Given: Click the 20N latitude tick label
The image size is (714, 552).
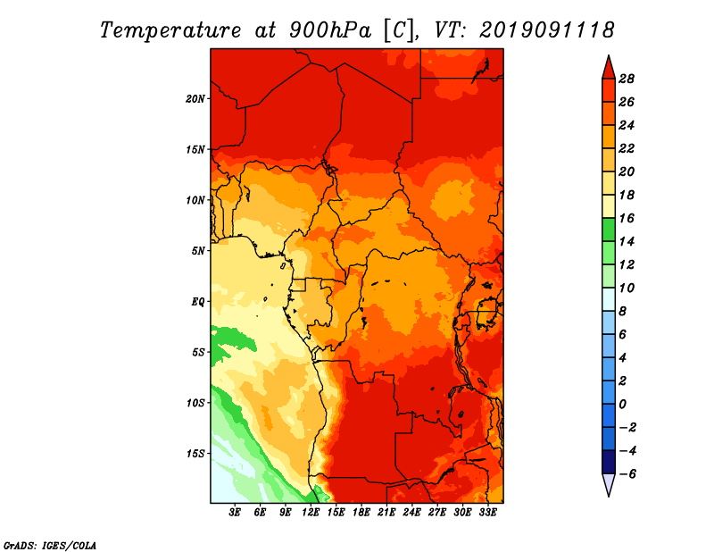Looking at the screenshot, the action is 195,99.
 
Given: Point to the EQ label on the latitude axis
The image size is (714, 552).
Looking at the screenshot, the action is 198,302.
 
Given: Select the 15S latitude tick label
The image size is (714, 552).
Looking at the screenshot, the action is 195,454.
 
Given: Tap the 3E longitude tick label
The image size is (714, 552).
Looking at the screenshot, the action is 235,513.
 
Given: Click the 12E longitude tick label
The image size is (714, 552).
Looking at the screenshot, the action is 311,513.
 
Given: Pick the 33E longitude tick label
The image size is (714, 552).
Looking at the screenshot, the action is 487,513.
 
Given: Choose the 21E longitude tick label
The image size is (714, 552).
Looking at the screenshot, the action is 386,513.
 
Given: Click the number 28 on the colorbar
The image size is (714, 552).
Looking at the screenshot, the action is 627,79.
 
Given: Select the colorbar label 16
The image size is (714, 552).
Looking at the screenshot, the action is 627,219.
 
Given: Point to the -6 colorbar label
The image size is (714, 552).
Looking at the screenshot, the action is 627,474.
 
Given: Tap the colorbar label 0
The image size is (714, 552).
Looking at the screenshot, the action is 622,405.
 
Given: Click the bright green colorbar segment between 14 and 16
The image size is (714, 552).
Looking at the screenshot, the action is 609,230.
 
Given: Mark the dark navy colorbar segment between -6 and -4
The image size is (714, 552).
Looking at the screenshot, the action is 609,462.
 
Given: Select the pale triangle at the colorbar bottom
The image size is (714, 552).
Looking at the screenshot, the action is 609,483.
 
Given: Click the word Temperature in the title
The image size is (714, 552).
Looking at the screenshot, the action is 170,30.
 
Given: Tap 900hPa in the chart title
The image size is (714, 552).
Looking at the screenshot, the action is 330,30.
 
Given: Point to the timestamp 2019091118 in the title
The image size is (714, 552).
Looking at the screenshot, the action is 546,30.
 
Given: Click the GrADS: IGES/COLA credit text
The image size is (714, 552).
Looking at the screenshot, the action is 50,546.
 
